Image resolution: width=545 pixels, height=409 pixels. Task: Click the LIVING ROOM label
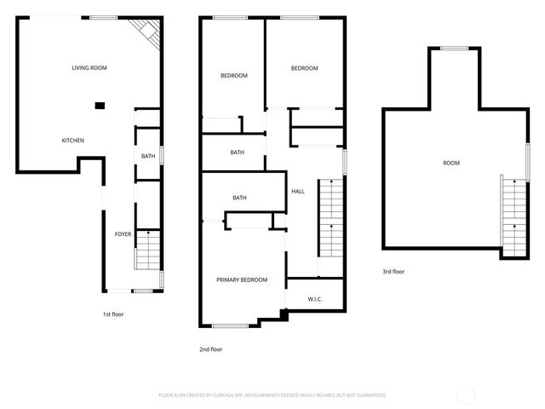coord(89,67)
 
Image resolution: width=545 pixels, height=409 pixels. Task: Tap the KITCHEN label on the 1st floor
coord(73,141)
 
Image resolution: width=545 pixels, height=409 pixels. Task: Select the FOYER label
coord(123,233)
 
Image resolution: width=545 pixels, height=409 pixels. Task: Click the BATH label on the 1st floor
coord(148,156)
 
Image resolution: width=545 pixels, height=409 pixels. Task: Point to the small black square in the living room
coord(100,106)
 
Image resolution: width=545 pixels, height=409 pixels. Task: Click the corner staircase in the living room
coord(147,34)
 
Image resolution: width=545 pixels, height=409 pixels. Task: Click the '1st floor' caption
coord(113,314)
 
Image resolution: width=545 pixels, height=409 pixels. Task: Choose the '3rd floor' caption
coord(393,272)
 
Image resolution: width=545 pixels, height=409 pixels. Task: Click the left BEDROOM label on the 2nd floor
coord(234,76)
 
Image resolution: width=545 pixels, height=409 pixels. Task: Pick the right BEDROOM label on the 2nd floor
coord(304,69)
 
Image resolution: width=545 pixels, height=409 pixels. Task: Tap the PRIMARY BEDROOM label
coord(242,280)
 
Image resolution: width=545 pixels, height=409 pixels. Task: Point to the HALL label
coord(298,192)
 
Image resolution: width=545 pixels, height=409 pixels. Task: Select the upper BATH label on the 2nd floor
coord(238,153)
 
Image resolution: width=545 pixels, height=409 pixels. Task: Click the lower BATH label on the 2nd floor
coord(240,198)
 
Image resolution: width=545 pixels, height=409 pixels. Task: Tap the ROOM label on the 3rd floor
coord(451,163)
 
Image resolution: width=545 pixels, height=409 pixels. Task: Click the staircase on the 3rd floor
coord(514,216)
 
